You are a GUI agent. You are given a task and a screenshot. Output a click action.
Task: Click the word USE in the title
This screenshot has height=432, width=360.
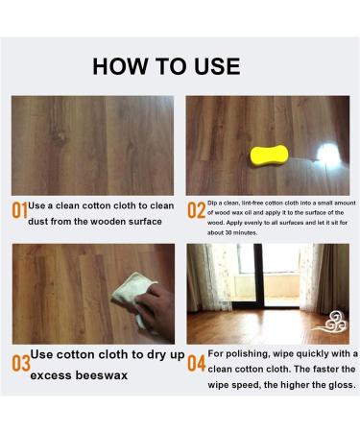(x=217, y=66)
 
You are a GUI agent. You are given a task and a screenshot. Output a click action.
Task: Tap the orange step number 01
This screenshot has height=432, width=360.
(x=20, y=210)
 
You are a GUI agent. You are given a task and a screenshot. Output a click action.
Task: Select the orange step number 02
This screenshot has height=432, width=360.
(x=196, y=210)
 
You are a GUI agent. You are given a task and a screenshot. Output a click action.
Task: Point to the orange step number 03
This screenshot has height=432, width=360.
(x=21, y=363)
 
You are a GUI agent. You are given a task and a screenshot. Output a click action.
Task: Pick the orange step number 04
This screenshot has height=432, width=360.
(x=196, y=363)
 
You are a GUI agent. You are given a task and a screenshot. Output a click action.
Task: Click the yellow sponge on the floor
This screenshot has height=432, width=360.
(x=269, y=156)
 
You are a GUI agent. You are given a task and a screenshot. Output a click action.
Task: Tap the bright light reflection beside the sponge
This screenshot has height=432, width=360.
(x=327, y=153)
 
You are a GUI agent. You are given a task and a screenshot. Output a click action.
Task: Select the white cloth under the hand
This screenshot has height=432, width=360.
(x=132, y=296)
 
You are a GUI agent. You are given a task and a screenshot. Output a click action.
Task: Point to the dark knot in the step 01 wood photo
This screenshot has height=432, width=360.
(x=60, y=138)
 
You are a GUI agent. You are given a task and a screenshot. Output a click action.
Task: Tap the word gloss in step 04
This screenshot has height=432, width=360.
(x=342, y=385)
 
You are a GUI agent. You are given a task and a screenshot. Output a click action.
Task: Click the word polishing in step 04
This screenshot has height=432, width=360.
(x=244, y=354)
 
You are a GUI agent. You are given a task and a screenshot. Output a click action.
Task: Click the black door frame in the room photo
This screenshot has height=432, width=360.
(x=258, y=276)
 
